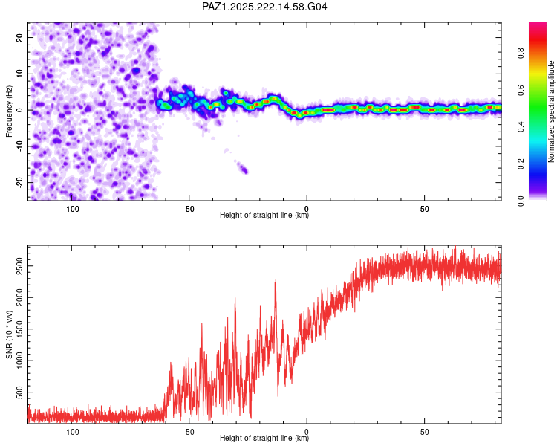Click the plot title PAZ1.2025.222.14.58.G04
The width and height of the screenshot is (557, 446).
pyautogui.click(x=264, y=7)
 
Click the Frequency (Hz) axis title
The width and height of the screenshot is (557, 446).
pyautogui.click(x=9, y=111)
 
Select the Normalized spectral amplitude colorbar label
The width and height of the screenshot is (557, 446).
pyautogui.click(x=551, y=111)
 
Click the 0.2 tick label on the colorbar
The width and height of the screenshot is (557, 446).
pyautogui.click(x=521, y=164)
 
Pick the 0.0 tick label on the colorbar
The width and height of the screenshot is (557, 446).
pyautogui.click(x=521, y=201)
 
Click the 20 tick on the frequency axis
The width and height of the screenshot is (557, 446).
pyautogui.click(x=20, y=37)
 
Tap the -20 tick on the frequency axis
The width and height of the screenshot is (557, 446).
pyautogui.click(x=20, y=183)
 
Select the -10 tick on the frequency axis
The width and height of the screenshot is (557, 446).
pyautogui.click(x=20, y=146)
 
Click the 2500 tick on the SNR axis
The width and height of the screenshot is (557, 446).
pyautogui.click(x=20, y=266)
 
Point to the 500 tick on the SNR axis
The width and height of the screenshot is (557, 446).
pyautogui.click(x=20, y=392)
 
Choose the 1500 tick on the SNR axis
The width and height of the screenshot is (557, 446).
pyautogui.click(x=20, y=329)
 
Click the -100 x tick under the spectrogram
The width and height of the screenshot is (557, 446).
pyautogui.click(x=71, y=209)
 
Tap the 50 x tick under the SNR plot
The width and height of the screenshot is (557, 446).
pyautogui.click(x=425, y=432)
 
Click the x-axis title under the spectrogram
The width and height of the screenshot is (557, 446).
pyautogui.click(x=264, y=215)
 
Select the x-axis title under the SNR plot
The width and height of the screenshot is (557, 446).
pyautogui.click(x=264, y=438)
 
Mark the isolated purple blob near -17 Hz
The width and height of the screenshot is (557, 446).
pyautogui.click(x=243, y=168)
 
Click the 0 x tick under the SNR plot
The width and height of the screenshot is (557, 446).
pyautogui.click(x=307, y=432)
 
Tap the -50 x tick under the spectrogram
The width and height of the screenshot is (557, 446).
pyautogui.click(x=189, y=209)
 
